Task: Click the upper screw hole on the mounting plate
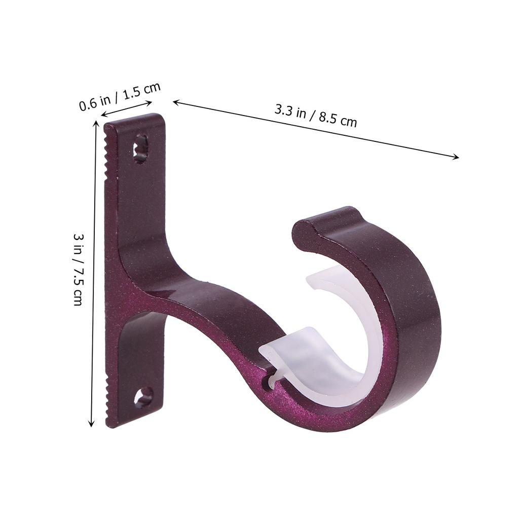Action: pyautogui.click(x=140, y=149)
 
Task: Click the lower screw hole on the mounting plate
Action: pyautogui.click(x=143, y=397)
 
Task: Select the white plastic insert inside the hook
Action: pyautogui.click(x=324, y=355)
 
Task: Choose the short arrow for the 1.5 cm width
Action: pyautogui.click(x=127, y=109)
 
